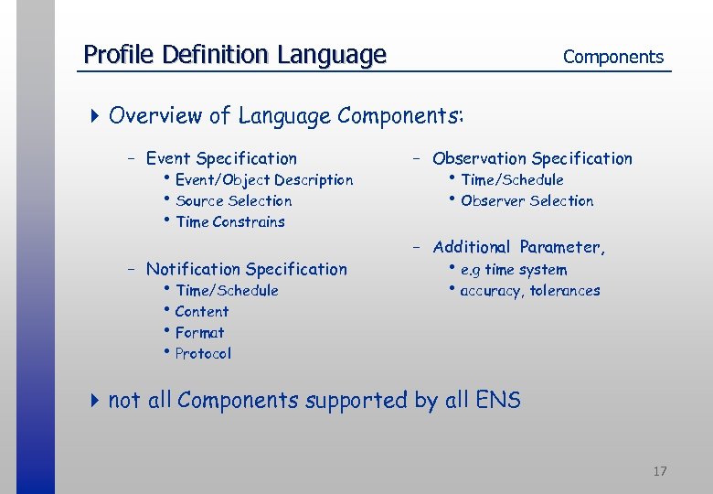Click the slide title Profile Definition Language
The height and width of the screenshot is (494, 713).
[235, 55]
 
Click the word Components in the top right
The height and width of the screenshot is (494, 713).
[612, 57]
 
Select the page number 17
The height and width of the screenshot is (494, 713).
[659, 471]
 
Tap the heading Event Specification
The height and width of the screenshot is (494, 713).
[221, 158]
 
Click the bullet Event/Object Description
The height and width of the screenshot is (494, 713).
[263, 180]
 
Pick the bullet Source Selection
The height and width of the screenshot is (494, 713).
[233, 201]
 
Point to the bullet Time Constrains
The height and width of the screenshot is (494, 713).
[229, 222]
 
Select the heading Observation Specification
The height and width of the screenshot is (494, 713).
[532, 158]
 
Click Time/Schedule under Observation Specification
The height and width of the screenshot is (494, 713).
[512, 180]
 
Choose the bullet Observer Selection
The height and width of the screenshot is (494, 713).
[527, 201]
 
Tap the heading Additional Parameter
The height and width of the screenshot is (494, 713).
[518, 247]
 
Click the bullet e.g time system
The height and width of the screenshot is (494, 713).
[513, 270]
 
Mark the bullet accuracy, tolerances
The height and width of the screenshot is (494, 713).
[529, 291]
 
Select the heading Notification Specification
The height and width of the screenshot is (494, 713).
[246, 269]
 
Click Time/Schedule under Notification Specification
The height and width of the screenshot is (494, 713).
[227, 291]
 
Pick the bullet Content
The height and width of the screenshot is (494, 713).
[201, 312]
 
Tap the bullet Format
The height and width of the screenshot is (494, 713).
[199, 333]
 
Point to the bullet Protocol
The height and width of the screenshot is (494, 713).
[203, 354]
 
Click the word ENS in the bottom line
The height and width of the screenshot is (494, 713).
[497, 401]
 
